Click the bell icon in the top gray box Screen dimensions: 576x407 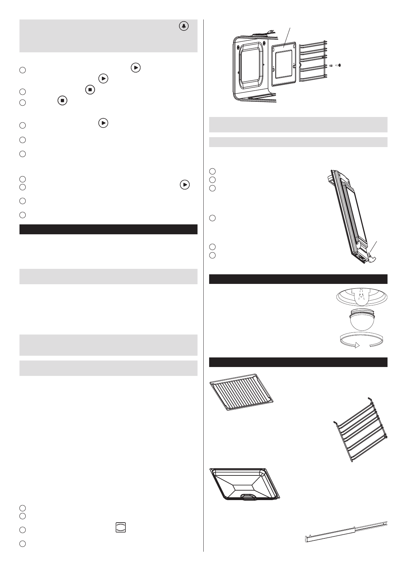[x=184, y=27]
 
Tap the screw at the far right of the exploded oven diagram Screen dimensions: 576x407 [x=339, y=65]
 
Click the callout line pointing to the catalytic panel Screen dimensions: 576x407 [x=287, y=36]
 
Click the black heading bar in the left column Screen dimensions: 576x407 [x=108, y=229]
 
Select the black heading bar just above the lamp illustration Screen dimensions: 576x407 [x=298, y=279]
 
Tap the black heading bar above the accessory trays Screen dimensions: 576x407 [x=298, y=362]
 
